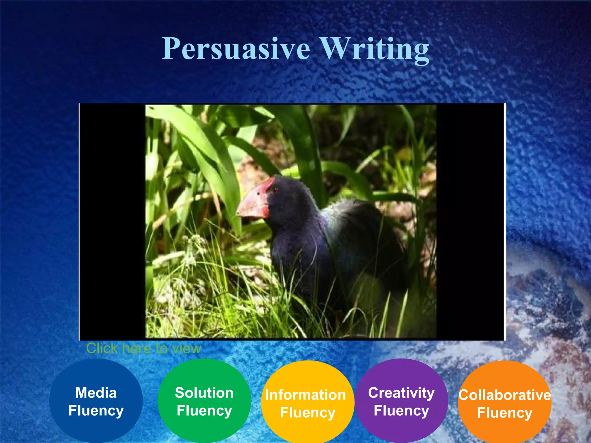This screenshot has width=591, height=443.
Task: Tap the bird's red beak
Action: coord(254,202)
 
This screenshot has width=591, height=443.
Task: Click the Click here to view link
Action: coord(143,348)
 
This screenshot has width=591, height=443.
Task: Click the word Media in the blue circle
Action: coord(96,393)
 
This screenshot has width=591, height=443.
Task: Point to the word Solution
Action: coord(204,393)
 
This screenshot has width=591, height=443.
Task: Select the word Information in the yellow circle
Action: coord(306,395)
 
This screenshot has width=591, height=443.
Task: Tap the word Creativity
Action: coord(401,393)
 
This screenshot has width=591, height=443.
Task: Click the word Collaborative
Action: coord(505,395)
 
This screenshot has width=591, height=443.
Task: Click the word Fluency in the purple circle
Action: coord(401,410)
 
